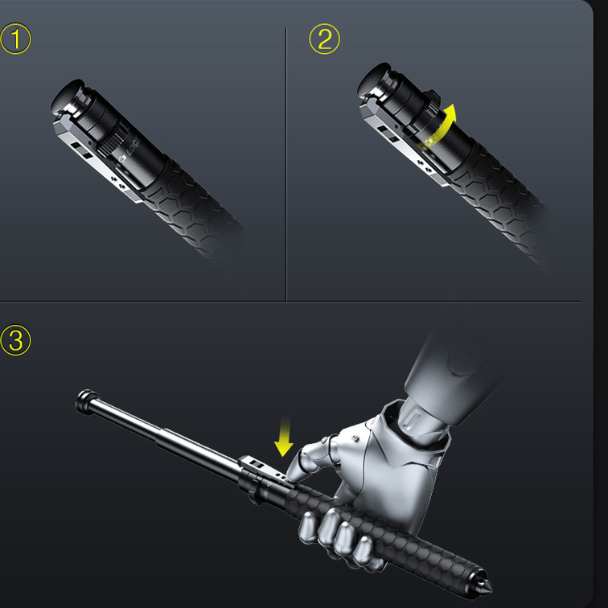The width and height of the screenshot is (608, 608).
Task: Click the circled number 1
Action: pyautogui.click(x=15, y=39)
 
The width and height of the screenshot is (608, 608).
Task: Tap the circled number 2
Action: pyautogui.click(x=324, y=39)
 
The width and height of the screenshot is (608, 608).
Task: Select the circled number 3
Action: pyautogui.click(x=15, y=340)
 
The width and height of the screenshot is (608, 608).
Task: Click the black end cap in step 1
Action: pyautogui.click(x=67, y=95)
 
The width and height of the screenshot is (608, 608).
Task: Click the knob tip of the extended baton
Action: pyautogui.click(x=83, y=401)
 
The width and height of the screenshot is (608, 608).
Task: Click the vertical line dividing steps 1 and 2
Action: pyautogui.click(x=286, y=161)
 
